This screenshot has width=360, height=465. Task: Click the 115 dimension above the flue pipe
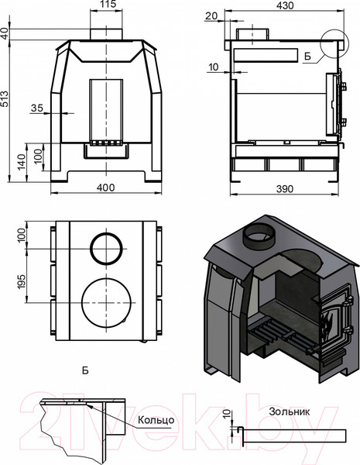(106, 4)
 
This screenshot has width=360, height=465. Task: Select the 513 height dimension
(5, 98)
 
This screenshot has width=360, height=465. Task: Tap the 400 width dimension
(106, 188)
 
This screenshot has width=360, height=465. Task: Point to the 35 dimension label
(37, 108)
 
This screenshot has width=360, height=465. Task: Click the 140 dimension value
(22, 162)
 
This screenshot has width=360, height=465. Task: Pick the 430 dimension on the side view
(285, 5)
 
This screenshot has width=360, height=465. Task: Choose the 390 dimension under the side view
(285, 189)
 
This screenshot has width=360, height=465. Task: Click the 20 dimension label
(211, 15)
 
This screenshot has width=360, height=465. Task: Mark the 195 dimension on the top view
(22, 283)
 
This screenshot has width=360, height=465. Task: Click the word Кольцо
(156, 420)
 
